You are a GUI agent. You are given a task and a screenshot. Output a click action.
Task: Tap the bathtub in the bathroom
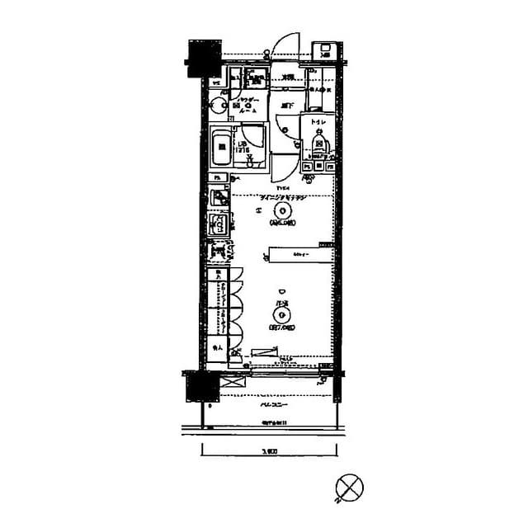coord(221,151)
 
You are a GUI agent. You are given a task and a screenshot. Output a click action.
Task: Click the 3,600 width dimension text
coord(269,450)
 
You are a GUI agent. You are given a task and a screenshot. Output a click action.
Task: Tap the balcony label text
coord(268,406)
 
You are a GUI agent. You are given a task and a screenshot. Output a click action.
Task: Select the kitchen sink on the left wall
coord(219,224)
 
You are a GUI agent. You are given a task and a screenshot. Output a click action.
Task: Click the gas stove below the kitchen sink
coord(218,250)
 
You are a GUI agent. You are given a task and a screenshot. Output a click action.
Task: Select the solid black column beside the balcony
coord(199,385)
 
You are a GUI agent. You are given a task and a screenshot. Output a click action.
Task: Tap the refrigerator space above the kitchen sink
coord(218,199)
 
